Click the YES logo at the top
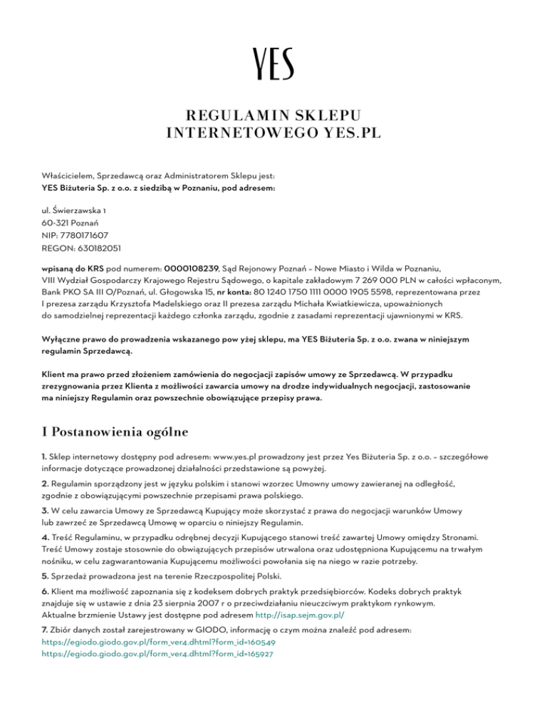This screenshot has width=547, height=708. (273, 63)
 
